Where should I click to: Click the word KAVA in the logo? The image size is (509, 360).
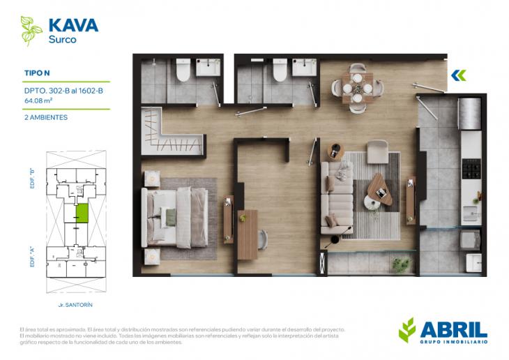click(73, 26)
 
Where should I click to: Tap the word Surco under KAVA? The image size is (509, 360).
click(62, 40)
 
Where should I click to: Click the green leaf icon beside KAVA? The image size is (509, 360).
click(31, 31)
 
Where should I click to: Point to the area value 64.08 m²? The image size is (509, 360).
click(38, 100)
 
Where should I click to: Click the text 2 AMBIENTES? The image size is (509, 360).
click(46, 117)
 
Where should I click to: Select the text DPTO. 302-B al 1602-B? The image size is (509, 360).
click(63, 89)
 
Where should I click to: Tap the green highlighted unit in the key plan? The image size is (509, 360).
click(82, 213)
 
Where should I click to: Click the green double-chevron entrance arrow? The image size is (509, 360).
click(458, 75)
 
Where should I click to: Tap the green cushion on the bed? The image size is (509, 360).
click(170, 218)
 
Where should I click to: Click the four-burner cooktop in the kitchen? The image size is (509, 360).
click(472, 168)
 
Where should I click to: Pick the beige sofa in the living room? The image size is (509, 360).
click(336, 198)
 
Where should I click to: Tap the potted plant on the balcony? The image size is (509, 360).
click(401, 264)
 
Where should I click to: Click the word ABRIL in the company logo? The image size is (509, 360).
click(453, 329)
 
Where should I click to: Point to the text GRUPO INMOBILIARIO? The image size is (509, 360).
click(453, 342)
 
